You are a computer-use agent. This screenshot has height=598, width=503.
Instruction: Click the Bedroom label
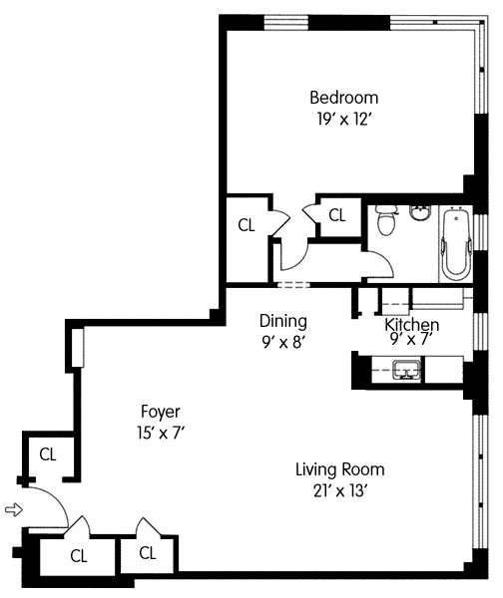pos(343,98)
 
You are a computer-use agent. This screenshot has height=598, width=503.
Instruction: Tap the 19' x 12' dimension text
pos(343,120)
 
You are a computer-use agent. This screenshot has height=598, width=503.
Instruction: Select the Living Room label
pos(340,469)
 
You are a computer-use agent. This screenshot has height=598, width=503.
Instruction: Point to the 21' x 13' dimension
pos(340,490)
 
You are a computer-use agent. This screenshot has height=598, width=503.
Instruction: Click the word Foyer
pos(161,412)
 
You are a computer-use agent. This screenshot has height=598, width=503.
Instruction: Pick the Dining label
pos(283,321)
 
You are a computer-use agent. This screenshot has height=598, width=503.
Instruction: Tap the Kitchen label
pos(412,324)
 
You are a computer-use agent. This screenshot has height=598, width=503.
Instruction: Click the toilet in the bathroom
pos(386,220)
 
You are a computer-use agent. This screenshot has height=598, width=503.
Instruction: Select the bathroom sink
pos(420,212)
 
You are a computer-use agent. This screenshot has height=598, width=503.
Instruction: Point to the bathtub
pos(456,243)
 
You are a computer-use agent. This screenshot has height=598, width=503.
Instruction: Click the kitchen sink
pos(408,369)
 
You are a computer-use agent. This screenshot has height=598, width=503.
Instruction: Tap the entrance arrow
pos(14,509)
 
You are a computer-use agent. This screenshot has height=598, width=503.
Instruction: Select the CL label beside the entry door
pos(48,454)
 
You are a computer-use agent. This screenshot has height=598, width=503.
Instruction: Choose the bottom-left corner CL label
pos(79,556)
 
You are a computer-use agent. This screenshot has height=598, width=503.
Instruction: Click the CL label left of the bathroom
pos(337,215)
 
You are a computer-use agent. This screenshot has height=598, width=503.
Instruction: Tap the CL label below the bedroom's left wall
pos(247,225)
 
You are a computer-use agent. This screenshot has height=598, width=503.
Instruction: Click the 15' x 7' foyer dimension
pos(161,433)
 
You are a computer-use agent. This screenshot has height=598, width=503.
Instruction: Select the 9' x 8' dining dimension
pos(283,343)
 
